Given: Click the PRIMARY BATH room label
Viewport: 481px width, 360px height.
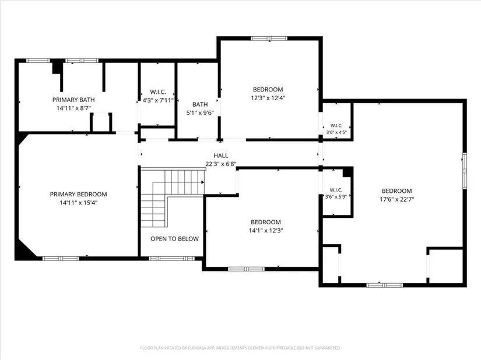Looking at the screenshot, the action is (x=73, y=100).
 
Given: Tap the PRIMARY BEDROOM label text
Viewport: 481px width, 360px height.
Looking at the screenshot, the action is (x=78, y=194).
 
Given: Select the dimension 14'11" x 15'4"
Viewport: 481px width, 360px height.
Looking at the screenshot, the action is (x=79, y=203).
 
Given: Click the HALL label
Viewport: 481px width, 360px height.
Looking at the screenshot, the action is (x=221, y=156).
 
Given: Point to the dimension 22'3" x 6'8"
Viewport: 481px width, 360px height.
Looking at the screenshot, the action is (x=221, y=164).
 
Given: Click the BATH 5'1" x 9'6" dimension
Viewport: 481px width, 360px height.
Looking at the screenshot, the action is (x=200, y=113).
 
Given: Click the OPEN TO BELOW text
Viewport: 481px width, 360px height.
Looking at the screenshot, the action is (x=174, y=239).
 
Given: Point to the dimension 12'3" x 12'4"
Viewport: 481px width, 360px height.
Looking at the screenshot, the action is (x=268, y=98).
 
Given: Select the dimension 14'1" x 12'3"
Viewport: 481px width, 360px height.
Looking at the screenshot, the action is (x=266, y=231).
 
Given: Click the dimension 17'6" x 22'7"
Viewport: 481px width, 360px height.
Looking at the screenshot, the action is (x=397, y=199).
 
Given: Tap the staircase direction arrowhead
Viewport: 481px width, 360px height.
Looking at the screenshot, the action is (x=202, y=182).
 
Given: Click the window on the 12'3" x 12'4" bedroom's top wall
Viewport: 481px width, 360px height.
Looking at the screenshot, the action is (x=269, y=38).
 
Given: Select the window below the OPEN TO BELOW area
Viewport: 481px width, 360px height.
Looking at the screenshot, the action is (x=172, y=259).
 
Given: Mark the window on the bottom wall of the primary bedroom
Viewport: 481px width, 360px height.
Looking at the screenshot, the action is (x=61, y=259).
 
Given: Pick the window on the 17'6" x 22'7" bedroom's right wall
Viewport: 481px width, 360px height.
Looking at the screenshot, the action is (x=465, y=170).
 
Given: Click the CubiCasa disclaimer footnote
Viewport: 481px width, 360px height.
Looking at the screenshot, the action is (x=240, y=348).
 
